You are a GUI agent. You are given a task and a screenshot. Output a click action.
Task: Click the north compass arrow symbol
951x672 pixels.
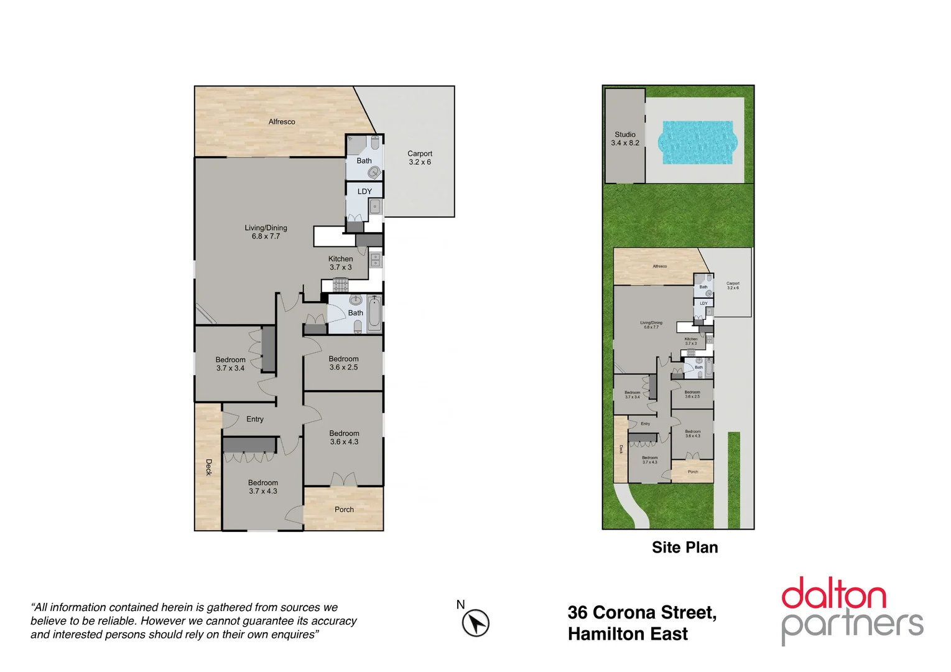tap(476, 623)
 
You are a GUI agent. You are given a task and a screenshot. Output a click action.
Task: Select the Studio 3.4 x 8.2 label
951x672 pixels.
tap(624, 139)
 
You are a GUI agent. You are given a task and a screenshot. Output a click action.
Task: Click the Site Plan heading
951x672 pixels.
tap(684, 548)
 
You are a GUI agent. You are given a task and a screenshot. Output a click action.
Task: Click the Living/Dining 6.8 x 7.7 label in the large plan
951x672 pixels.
tap(266, 232)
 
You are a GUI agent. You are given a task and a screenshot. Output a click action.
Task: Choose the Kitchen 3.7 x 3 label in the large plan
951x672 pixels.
tap(340, 263)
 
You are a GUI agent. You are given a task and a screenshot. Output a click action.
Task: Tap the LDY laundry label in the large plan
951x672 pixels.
tap(364, 192)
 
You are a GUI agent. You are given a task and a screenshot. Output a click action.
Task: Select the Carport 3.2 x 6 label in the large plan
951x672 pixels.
tap(419, 158)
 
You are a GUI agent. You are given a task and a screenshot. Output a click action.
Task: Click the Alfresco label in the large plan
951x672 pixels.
tap(282, 122)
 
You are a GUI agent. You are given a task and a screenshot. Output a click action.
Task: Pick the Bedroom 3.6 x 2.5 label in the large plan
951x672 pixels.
tap(343, 363)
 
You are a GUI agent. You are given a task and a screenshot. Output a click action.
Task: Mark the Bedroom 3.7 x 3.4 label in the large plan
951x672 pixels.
tap(230, 364)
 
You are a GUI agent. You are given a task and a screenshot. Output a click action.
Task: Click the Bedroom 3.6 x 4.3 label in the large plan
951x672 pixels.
tap(344, 437)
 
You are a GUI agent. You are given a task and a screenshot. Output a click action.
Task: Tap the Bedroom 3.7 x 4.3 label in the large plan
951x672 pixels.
tap(262, 487)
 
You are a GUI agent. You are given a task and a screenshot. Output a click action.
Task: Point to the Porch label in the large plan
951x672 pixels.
tap(344, 510)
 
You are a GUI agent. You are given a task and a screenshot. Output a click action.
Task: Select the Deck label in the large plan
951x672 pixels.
tap(209, 467)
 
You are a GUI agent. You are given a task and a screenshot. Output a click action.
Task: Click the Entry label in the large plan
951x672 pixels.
tap(254, 419)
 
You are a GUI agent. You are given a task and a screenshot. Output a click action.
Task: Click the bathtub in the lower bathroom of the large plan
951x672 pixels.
tap(374, 314)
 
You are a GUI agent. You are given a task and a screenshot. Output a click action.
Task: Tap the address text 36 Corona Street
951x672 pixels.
tap(641, 613)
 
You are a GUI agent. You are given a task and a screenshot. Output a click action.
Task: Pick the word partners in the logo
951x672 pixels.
tap(851, 625)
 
